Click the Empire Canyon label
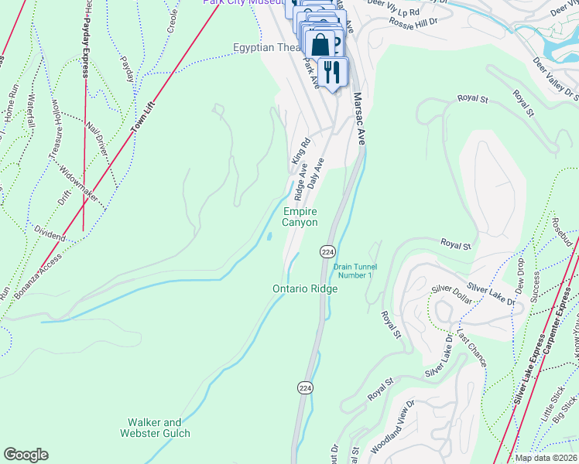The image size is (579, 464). coord(300,217)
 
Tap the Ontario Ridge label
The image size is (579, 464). coord(305,288)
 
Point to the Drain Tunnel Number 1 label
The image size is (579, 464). coord(354,271)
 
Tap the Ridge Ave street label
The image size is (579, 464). coord(301,179)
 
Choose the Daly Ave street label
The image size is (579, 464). coord(315,172)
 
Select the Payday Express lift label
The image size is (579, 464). coord(84,49)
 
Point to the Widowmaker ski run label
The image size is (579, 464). coord(78,185)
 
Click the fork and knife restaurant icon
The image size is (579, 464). coord(333,72)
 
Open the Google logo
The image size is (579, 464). coord(26,455)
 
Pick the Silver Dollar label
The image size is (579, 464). coord(449,295)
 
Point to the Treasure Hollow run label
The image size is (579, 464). coord(56,129)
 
